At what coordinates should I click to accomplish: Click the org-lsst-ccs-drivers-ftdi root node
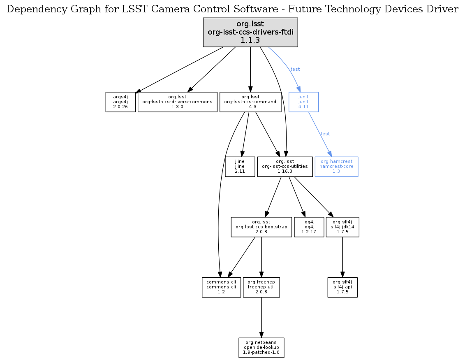[x=250, y=32]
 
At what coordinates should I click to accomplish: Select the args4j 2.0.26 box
[x=120, y=102]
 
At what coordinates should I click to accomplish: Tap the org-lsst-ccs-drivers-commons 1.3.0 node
[x=177, y=102]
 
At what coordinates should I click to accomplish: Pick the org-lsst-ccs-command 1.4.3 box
[x=250, y=102]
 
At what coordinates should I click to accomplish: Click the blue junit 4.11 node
[x=303, y=102]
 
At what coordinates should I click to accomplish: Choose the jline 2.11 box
[x=240, y=166]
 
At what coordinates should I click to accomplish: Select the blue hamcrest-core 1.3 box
[x=336, y=166]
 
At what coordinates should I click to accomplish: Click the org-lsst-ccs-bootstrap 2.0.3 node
[x=261, y=227]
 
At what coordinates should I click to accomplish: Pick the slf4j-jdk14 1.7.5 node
[x=342, y=227]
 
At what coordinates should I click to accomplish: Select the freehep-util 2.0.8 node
[x=261, y=287]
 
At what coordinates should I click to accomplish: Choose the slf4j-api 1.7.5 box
[x=342, y=287]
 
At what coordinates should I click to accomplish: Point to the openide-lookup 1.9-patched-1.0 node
[x=261, y=347]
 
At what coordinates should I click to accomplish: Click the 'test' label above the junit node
[x=295, y=69]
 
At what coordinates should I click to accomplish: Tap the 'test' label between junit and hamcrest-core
[x=325, y=134]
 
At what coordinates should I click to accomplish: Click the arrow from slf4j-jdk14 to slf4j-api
[x=342, y=257]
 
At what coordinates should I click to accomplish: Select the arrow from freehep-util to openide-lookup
[x=261, y=317]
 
